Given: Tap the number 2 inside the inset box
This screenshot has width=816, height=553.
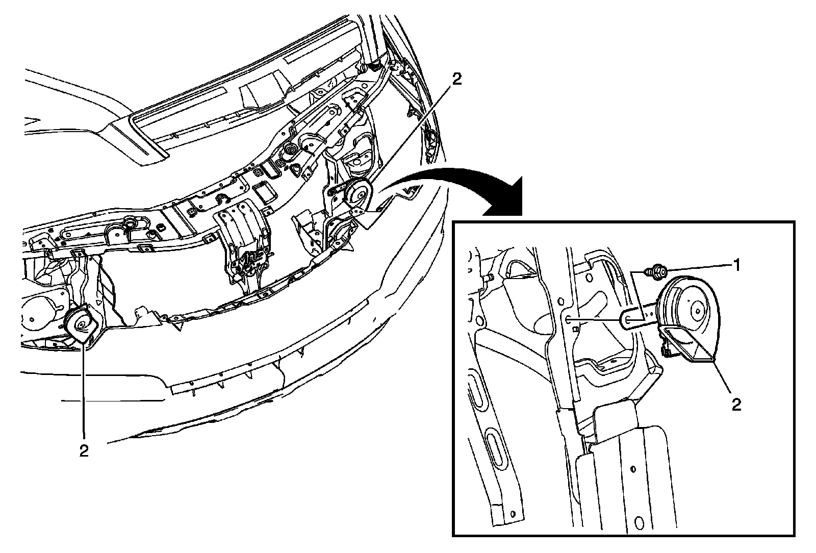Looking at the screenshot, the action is (x=736, y=404).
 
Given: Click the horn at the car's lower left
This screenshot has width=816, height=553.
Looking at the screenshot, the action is (x=81, y=324).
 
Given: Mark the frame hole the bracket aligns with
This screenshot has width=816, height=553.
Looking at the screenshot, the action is (x=568, y=319).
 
